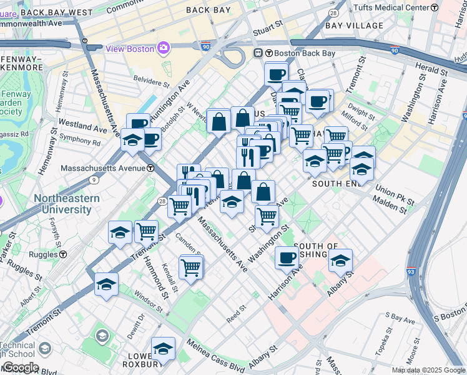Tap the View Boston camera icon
point(164,47)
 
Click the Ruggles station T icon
point(64,254)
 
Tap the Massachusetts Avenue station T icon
point(151,168)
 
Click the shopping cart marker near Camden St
point(191,267)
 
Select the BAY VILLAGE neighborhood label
point(355,26)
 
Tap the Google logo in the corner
point(20,367)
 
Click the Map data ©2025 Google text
point(429,370)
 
